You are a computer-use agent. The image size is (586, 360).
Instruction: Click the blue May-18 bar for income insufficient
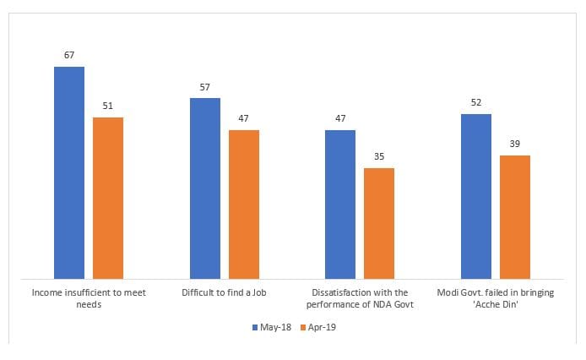pos(69,172)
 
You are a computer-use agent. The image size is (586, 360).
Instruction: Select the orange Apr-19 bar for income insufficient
pos(108,198)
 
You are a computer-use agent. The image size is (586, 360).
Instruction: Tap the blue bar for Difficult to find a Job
pos(205,188)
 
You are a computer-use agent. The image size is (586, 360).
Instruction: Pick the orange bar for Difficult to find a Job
pos(244,204)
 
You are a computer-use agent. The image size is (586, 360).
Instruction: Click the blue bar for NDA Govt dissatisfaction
pos(340,204)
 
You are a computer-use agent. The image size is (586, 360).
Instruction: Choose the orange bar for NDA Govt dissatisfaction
pos(379,223)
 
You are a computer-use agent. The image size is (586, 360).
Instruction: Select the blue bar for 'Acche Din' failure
pos(476,196)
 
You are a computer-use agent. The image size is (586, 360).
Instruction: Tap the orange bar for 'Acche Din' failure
pos(515,216)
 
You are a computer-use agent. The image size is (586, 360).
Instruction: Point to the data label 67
pos(69,56)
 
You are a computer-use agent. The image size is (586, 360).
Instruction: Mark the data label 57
pos(205,88)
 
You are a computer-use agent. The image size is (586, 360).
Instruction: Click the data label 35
pos(379,157)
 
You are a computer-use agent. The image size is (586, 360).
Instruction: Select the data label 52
pos(476,103)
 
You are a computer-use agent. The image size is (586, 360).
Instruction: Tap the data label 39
pos(515,145)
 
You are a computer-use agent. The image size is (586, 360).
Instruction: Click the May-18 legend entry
pos(272,327)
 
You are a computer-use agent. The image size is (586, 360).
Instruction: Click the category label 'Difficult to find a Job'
pos(225,292)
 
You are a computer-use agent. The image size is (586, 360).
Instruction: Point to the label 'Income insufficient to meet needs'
pos(89,297)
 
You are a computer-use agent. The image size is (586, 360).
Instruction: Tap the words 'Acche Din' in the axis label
pos(496,304)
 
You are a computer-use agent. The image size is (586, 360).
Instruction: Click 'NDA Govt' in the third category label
pos(393,304)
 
